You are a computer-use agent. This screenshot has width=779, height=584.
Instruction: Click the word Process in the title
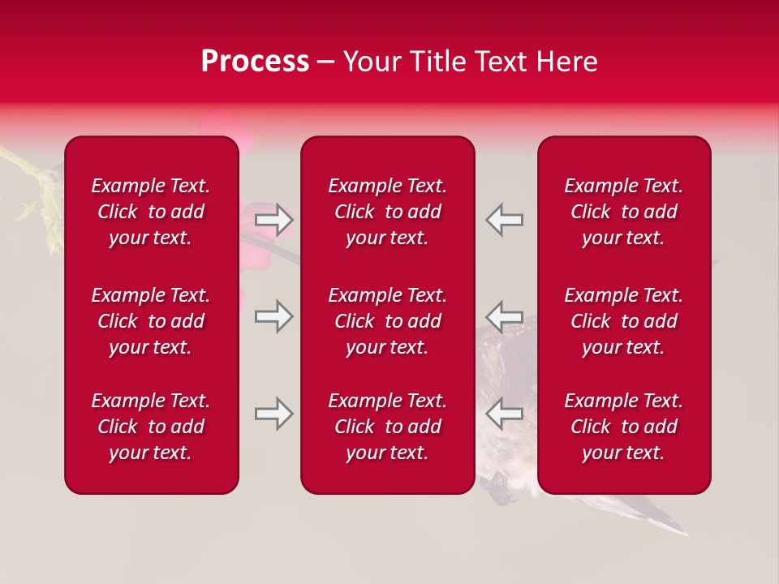pyautogui.click(x=255, y=62)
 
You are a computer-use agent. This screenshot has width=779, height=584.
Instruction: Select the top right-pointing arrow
pyautogui.click(x=273, y=220)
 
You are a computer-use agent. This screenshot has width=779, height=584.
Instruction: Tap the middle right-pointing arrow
pyautogui.click(x=273, y=316)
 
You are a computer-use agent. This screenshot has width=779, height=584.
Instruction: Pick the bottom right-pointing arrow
pyautogui.click(x=273, y=414)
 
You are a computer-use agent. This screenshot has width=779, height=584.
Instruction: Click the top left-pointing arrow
pyautogui.click(x=505, y=220)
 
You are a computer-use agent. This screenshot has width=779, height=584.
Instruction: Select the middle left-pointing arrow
pyautogui.click(x=505, y=316)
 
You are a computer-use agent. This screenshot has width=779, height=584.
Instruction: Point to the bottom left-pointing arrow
pyautogui.click(x=505, y=414)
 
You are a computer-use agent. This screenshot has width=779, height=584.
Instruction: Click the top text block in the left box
pyautogui.click(x=151, y=212)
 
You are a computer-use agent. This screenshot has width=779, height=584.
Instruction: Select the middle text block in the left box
pyautogui.click(x=151, y=321)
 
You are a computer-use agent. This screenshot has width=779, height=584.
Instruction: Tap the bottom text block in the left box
pyautogui.click(x=151, y=427)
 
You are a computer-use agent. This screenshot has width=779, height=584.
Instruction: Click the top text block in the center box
pyautogui.click(x=387, y=212)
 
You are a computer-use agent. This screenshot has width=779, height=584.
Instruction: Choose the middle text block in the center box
pyautogui.click(x=387, y=321)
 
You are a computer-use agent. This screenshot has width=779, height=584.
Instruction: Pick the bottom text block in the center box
pyautogui.click(x=387, y=427)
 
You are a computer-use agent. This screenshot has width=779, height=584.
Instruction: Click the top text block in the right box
pyautogui.click(x=623, y=212)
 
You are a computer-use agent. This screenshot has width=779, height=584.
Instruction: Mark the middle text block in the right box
pyautogui.click(x=623, y=321)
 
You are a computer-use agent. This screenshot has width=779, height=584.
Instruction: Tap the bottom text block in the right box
pyautogui.click(x=623, y=427)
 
